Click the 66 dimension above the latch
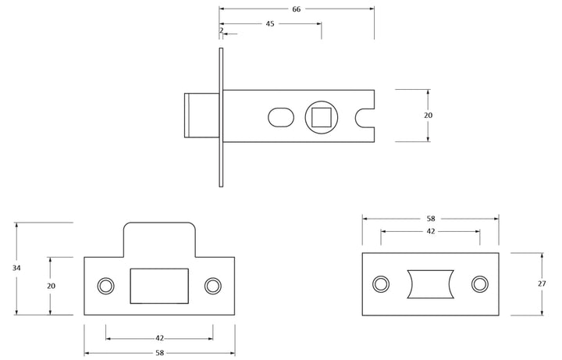297,9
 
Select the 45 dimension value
270,24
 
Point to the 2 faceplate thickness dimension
222,30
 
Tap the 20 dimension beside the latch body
428,116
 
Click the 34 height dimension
16,268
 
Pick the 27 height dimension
542,283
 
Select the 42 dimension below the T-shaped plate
159,338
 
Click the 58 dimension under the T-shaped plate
159,354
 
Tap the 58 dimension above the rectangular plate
430,219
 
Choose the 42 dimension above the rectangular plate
430,231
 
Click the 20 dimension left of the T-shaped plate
51,286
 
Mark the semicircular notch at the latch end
366,116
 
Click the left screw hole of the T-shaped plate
105,286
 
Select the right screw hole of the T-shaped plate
212,286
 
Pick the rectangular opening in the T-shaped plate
159,285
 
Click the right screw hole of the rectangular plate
479,283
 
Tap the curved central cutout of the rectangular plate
430,283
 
